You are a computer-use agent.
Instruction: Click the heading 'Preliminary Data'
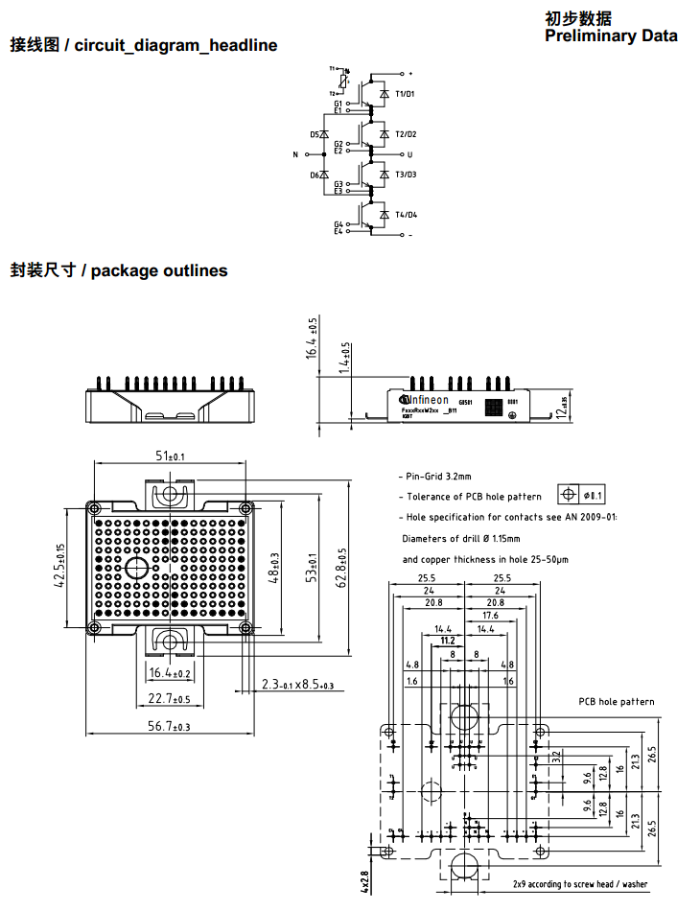click(x=611, y=35)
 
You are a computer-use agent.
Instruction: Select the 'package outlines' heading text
click(x=159, y=270)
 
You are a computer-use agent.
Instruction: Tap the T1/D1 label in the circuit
click(x=406, y=94)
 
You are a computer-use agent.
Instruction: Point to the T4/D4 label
click(x=406, y=215)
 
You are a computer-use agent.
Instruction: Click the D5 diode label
click(x=315, y=134)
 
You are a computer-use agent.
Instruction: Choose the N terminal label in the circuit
click(x=295, y=154)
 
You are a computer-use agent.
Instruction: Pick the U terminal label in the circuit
click(x=410, y=154)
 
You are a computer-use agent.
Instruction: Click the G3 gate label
click(x=338, y=184)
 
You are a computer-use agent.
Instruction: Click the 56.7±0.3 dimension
click(x=170, y=726)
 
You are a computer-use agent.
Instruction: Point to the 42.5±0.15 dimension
click(x=60, y=566)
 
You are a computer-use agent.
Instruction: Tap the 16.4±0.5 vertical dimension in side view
click(x=311, y=338)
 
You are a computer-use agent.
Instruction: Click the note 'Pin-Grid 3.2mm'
click(x=437, y=476)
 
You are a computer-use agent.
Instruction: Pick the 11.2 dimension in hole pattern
click(x=447, y=640)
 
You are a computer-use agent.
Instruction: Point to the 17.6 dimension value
click(x=490, y=616)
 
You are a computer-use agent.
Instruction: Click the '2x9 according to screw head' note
click(x=579, y=884)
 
